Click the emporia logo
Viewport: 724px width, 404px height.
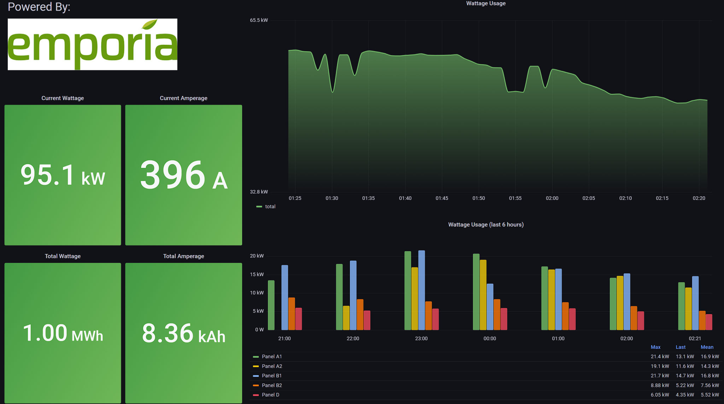(x=92, y=44)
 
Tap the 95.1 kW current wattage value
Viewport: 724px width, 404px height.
(x=63, y=175)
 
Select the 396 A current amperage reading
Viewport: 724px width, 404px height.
(x=183, y=175)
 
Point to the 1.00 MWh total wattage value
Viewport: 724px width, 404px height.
(x=63, y=333)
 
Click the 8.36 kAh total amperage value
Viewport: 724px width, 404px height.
(x=183, y=333)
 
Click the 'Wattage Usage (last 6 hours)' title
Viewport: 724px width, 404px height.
(x=486, y=225)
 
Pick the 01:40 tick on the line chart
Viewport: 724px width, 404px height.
(x=405, y=198)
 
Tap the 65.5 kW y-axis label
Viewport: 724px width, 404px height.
(x=259, y=20)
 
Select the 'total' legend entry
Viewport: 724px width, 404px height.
(x=270, y=207)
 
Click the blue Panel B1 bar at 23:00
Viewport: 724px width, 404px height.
(x=421, y=290)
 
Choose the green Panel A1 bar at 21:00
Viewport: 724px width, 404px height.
(x=271, y=305)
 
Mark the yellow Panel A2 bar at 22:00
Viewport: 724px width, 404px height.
(x=346, y=318)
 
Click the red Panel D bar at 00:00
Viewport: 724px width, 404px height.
(x=504, y=319)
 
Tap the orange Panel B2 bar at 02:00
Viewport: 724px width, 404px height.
(x=634, y=318)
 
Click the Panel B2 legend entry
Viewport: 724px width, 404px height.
(x=271, y=385)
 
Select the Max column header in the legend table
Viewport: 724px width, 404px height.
(x=655, y=347)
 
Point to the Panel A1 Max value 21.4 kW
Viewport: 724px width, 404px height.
(x=660, y=357)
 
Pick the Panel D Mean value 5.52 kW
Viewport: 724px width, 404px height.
(x=710, y=395)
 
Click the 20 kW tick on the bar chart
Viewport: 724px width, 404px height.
(x=257, y=256)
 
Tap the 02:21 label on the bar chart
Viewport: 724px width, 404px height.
(x=695, y=339)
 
